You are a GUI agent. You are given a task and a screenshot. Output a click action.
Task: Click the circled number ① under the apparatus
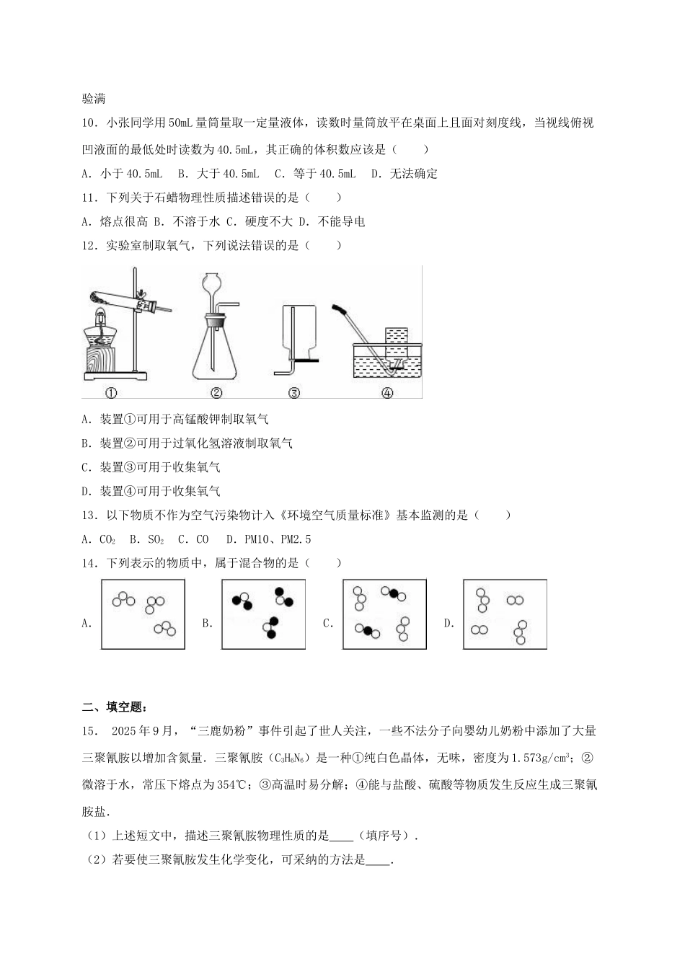click(111, 393)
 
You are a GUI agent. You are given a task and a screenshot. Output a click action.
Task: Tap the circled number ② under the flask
click(216, 393)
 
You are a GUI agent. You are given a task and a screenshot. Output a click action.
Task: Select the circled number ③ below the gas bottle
click(293, 393)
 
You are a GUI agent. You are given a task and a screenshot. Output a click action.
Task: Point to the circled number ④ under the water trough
click(387, 393)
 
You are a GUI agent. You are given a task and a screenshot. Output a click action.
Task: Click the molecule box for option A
click(144, 614)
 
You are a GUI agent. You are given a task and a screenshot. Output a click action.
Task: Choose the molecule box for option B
click(264, 614)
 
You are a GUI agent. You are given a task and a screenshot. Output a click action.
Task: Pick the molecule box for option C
click(384, 614)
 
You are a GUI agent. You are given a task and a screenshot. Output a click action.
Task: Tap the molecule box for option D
click(505, 614)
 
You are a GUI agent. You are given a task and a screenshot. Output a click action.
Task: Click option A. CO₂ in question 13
click(99, 539)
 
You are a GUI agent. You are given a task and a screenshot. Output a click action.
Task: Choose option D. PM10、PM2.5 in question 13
click(268, 539)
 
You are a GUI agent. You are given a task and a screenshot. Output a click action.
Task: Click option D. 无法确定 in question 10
click(404, 174)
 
